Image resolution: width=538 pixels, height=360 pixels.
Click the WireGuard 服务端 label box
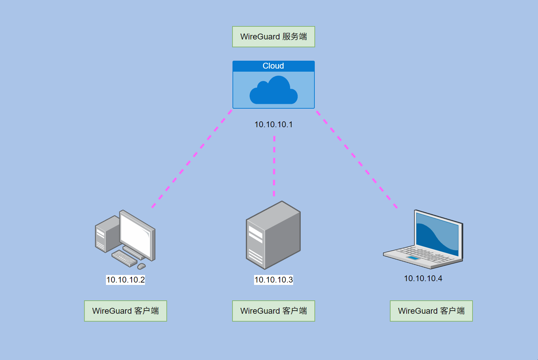coord(273,37)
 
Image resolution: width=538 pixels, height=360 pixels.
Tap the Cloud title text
coord(273,66)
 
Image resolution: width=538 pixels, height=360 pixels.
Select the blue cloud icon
coord(273,91)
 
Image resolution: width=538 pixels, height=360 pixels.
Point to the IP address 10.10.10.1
coord(273,124)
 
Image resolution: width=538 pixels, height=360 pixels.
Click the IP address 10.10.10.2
coord(125,280)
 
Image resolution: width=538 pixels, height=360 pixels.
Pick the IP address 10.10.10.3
coord(273,280)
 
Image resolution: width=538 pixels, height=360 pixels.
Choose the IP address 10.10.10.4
coord(423,278)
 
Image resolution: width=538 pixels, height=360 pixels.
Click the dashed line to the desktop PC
coord(192,158)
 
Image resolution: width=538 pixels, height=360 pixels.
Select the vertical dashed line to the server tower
coord(274,166)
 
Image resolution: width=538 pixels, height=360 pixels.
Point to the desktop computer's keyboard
coord(124,258)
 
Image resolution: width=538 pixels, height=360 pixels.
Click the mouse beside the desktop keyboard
coord(141,266)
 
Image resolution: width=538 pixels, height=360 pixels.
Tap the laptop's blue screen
coord(437,235)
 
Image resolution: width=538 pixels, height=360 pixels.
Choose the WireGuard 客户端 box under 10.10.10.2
coord(125,311)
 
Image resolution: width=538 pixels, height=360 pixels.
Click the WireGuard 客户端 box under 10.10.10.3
coord(273,311)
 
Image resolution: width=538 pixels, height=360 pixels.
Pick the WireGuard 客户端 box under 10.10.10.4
coord(431,311)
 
